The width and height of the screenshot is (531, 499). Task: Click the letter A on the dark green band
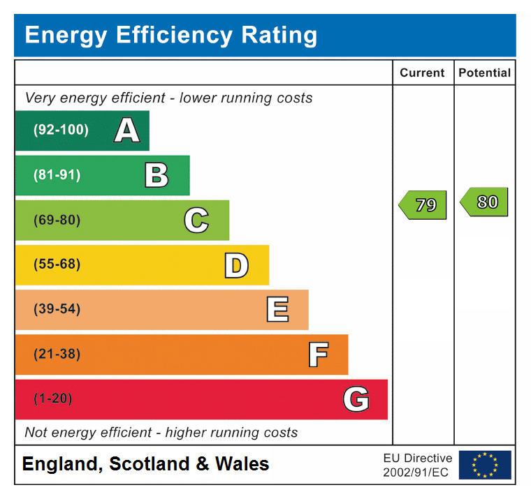click(126, 131)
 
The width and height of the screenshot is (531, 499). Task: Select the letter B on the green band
click(157, 175)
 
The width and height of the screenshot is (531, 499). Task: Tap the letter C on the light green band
click(196, 221)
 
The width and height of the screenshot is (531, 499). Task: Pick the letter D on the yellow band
click(236, 265)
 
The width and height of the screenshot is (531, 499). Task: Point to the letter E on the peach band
click(277, 310)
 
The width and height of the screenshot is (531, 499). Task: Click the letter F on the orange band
click(318, 355)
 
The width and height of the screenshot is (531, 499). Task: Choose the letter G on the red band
click(356, 399)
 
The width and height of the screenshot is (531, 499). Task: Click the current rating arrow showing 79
click(423, 205)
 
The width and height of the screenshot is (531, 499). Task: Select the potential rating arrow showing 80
click(484, 202)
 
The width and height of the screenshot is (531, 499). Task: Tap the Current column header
click(422, 73)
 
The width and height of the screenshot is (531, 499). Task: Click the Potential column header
click(484, 73)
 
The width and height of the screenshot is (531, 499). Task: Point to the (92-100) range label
click(61, 131)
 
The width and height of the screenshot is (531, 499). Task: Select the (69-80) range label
click(57, 221)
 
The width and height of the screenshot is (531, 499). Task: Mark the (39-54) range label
click(57, 310)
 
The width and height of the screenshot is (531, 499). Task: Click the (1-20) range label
click(53, 399)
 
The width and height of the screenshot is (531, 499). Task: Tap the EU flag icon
click(485, 465)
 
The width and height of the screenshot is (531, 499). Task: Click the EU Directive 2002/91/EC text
click(417, 466)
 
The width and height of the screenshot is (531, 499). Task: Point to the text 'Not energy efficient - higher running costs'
click(161, 433)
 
